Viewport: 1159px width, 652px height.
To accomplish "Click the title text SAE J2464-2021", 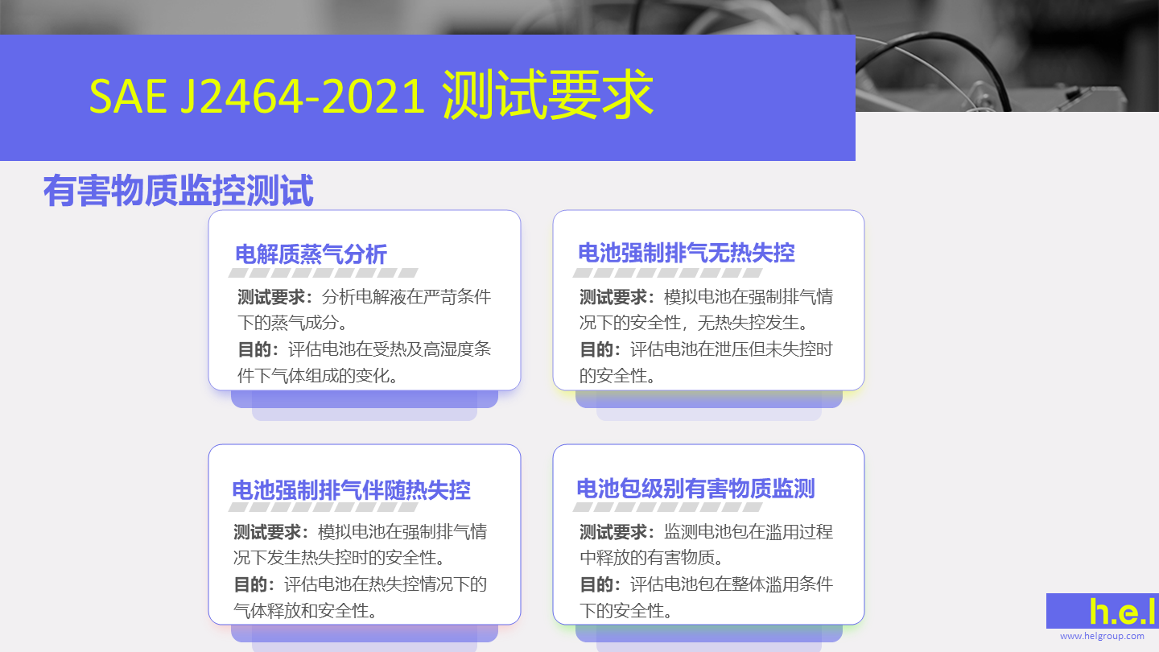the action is pyautogui.click(x=258, y=97).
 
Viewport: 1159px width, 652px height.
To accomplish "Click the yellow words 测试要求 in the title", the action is pyautogui.click(x=548, y=95).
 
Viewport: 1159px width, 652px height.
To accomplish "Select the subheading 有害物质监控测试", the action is pyautogui.click(x=179, y=191).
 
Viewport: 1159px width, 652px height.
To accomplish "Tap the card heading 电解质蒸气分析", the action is pyautogui.click(x=311, y=254).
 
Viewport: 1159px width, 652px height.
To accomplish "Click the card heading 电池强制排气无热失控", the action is pyautogui.click(x=686, y=253).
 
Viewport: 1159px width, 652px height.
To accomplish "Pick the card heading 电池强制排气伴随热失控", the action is pyautogui.click(x=351, y=489).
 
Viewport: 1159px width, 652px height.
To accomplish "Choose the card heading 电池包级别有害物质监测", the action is pyautogui.click(x=695, y=489).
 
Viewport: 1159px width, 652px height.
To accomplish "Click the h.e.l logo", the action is pyautogui.click(x=1122, y=611).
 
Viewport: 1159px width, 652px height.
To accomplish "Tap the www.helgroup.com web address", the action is pyautogui.click(x=1102, y=636).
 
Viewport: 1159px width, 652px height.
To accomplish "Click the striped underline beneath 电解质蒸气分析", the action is pyautogui.click(x=324, y=273).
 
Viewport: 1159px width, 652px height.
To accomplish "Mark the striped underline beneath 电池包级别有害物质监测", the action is pyautogui.click(x=667, y=506).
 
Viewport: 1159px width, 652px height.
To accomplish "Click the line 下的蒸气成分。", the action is pyautogui.click(x=293, y=323).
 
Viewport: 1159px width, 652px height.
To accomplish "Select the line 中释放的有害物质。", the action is pyautogui.click(x=651, y=558).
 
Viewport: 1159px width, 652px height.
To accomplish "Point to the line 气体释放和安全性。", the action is pyautogui.click(x=305, y=611).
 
